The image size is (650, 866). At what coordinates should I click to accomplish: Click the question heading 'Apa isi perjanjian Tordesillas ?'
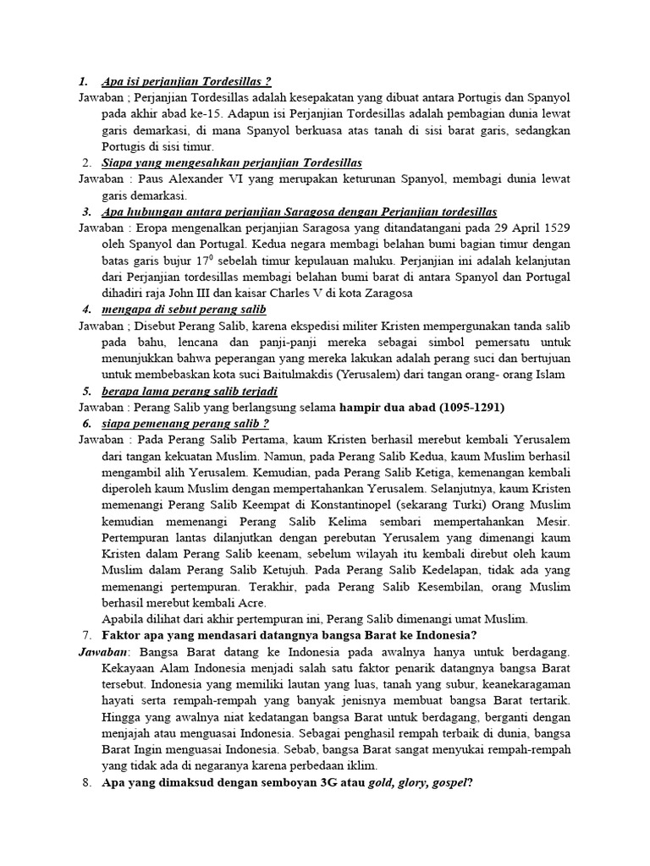pyautogui.click(x=186, y=82)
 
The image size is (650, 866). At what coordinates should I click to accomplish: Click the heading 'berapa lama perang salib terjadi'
pyautogui.click(x=190, y=391)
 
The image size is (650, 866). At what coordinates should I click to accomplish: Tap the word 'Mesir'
pyautogui.click(x=554, y=521)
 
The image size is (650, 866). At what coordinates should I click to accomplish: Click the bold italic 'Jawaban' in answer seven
pyautogui.click(x=104, y=652)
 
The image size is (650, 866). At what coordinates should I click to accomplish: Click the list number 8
pyautogui.click(x=87, y=782)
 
